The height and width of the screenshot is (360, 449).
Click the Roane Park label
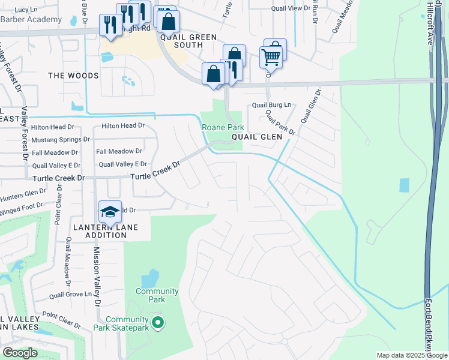point(223,127)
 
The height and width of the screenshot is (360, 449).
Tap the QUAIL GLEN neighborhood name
point(257,137)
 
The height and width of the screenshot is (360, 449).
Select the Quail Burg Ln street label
point(271,104)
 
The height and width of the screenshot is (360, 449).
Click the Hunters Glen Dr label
point(23,193)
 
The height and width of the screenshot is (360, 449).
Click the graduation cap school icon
point(110,211)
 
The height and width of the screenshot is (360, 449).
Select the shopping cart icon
point(271,58)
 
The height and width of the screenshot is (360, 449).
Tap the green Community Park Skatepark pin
point(158,323)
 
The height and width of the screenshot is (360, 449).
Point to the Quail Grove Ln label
point(74,295)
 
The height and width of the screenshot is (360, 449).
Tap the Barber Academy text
point(31,19)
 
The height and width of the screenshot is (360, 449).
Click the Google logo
point(20,353)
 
